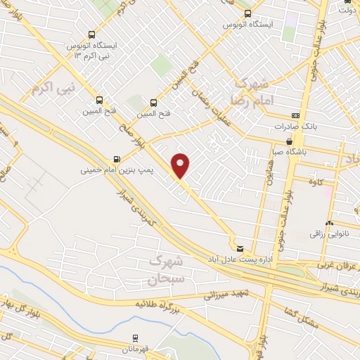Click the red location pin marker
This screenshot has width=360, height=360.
pyautogui.click(x=181, y=165)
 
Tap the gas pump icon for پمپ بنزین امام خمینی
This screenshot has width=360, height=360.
pyautogui.click(x=116, y=159)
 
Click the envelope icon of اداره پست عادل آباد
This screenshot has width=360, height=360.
pyautogui.click(x=240, y=249)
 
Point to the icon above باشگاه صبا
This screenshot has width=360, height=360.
pyautogui.click(x=289, y=141)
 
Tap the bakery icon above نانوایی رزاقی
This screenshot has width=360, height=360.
pyautogui.click(x=329, y=223)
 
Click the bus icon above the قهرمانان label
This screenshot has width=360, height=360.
pyautogui.click(x=137, y=337)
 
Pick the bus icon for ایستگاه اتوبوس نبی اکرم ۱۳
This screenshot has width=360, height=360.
pyautogui.click(x=91, y=34)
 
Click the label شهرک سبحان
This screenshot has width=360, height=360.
pyautogui.click(x=166, y=270)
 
